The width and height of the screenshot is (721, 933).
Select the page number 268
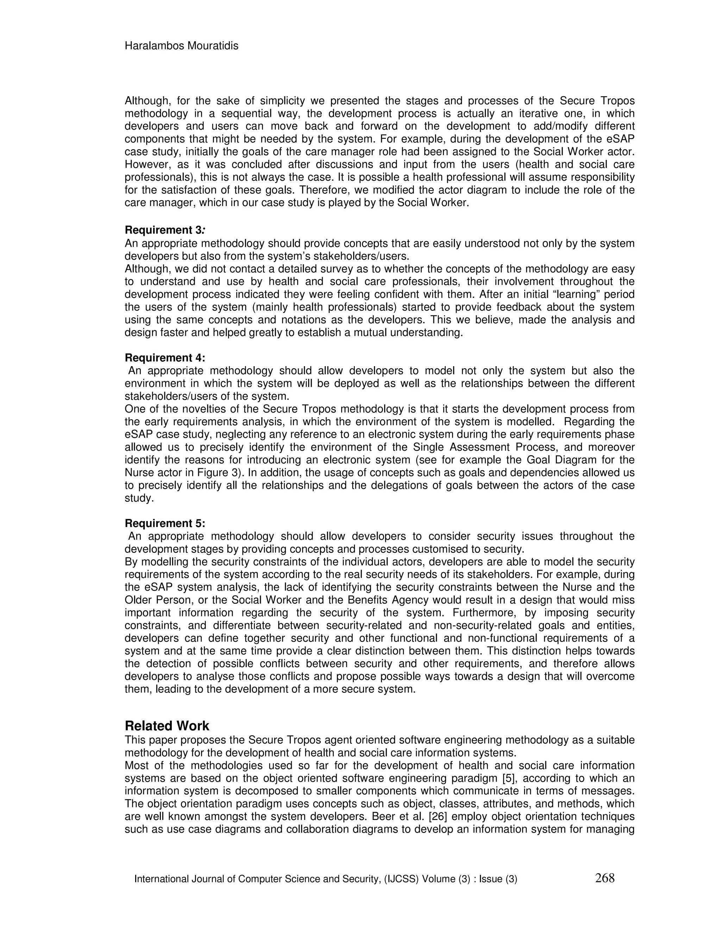[604, 878]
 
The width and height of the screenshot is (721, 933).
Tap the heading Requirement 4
[165, 358]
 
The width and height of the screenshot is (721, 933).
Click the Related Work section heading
[167, 726]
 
